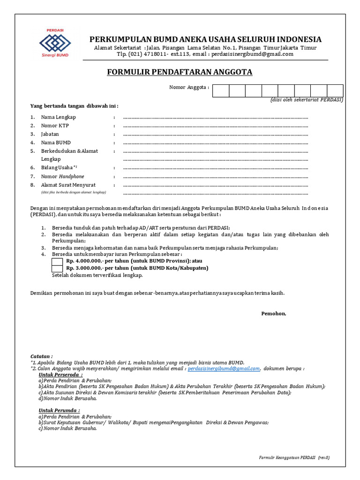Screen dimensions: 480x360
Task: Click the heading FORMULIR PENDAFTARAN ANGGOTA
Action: click(180, 72)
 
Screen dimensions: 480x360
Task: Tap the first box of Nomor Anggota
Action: click(221, 91)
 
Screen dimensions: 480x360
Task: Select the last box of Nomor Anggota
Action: click(335, 91)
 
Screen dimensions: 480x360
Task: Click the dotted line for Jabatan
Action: click(216, 134)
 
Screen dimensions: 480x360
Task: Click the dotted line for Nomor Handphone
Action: click(216, 176)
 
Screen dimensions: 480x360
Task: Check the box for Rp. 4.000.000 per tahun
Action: click(57, 262)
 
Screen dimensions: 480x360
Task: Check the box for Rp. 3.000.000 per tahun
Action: click(57, 269)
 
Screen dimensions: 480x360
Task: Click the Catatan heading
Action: click(42, 356)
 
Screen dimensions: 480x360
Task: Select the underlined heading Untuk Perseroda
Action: click(60, 375)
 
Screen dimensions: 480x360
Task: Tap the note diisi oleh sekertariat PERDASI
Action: click(307, 100)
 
